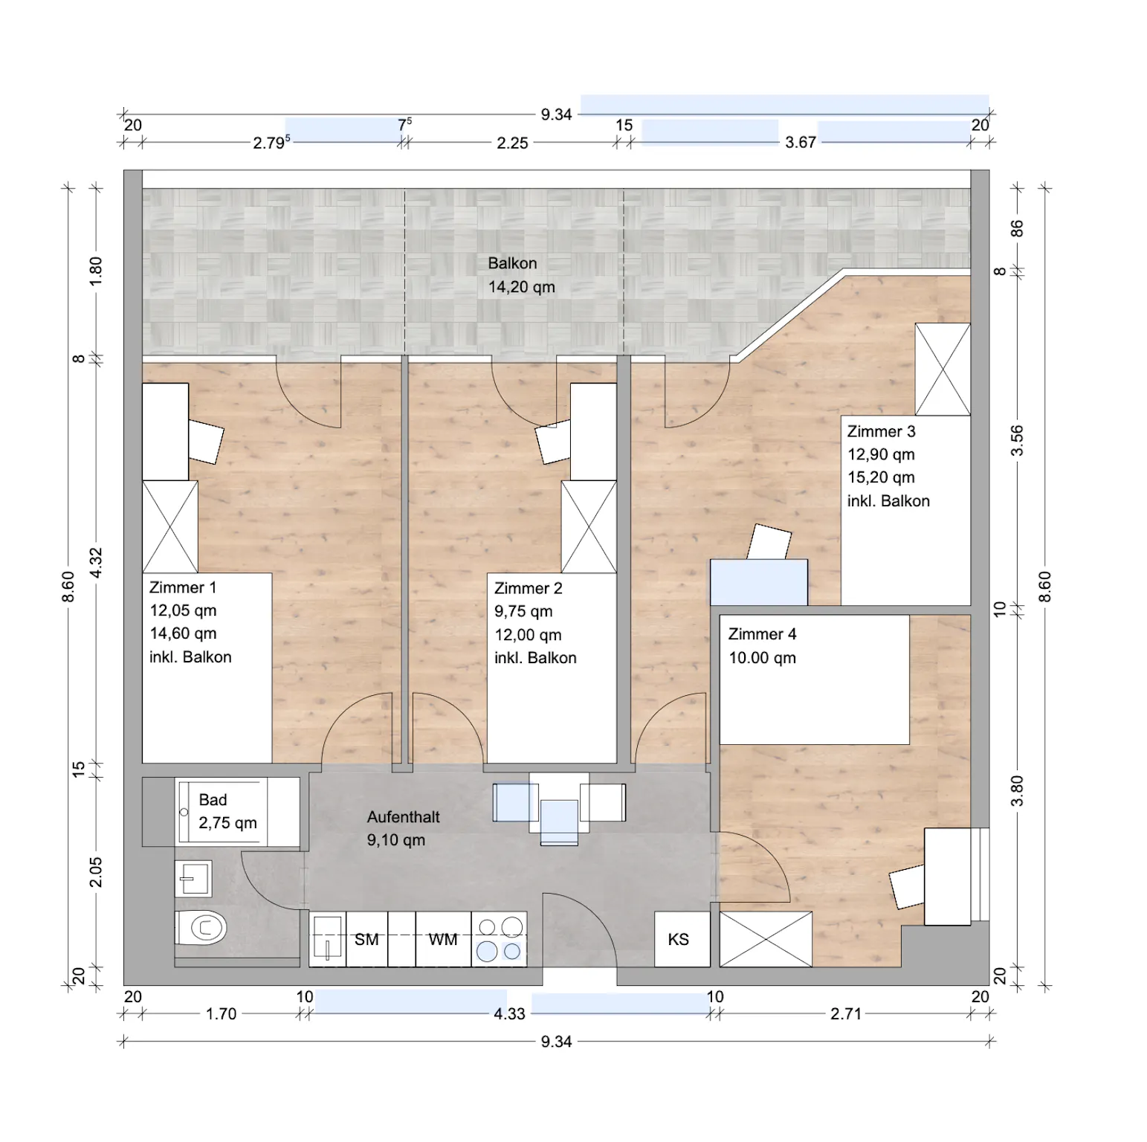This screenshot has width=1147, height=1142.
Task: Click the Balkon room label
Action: tap(512, 263)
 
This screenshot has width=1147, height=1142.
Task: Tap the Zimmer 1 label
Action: tap(183, 587)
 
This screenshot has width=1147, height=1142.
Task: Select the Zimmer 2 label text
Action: tap(528, 588)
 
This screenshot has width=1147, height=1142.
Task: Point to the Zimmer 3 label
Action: tap(881, 431)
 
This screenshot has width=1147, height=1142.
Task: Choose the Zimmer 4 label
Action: tap(762, 634)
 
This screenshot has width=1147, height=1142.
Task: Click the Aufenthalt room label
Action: tap(403, 816)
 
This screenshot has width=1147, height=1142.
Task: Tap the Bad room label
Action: tap(213, 800)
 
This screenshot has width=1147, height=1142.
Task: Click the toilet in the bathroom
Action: tap(201, 928)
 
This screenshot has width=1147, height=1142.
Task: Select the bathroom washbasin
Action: tap(194, 879)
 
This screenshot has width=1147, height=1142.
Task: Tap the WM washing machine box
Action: tap(443, 939)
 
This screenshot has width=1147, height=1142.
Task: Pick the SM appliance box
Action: tap(366, 939)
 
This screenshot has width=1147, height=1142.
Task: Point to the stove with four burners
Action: tap(500, 939)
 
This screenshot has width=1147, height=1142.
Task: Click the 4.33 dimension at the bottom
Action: tap(509, 1013)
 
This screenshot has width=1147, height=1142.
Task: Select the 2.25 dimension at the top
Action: tap(512, 143)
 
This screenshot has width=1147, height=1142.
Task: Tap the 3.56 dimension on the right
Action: tap(1017, 440)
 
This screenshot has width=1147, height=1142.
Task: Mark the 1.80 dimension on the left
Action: tap(95, 271)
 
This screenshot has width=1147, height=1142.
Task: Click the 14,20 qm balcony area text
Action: tap(521, 287)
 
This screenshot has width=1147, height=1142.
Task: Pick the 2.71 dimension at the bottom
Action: tap(846, 1013)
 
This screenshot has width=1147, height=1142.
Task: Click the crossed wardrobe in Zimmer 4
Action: tap(766, 939)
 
